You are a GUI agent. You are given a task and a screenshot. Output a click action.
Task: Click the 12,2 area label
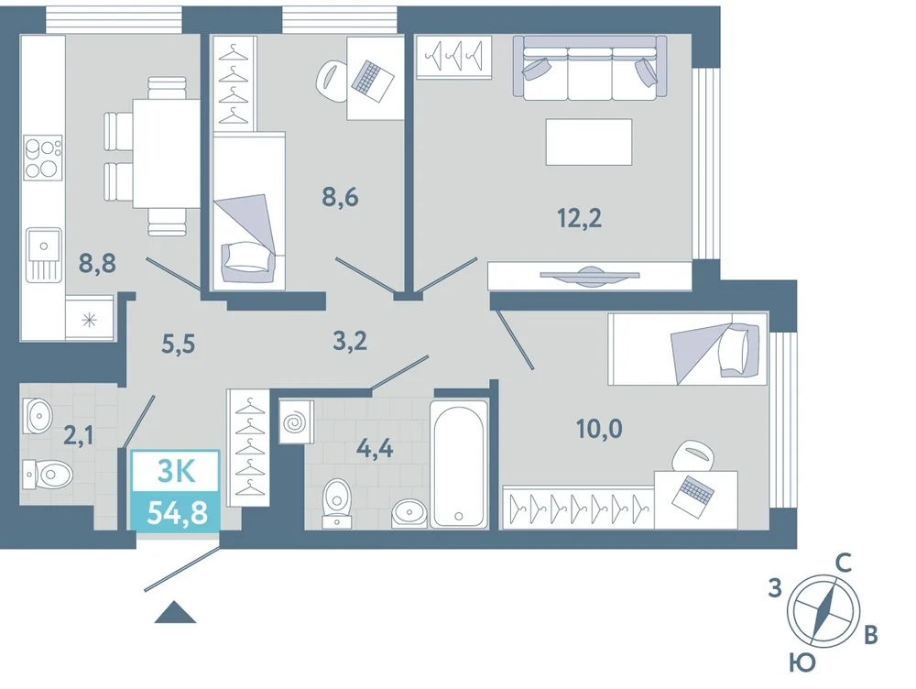580,218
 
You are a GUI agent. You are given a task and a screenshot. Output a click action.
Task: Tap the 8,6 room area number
340,198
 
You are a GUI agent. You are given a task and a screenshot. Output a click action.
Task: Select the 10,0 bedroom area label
599,429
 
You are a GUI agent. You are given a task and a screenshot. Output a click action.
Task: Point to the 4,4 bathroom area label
375,449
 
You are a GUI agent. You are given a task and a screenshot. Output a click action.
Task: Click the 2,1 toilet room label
78,435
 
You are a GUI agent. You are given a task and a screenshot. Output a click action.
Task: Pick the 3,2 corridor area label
350,340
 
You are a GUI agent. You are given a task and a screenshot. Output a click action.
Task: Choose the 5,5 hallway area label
179,344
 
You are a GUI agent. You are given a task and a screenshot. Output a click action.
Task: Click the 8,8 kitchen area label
98,264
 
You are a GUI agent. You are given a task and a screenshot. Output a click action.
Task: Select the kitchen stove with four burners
43,158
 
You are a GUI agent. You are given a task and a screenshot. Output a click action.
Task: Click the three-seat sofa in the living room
590,68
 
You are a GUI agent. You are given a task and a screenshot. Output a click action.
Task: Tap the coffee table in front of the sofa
589,142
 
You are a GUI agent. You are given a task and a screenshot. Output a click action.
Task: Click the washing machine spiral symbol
296,421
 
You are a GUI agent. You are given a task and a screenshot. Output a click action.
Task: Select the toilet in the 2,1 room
48,474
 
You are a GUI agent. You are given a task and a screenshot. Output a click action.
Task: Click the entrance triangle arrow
175,613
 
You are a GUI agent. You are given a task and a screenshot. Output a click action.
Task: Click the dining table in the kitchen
167,154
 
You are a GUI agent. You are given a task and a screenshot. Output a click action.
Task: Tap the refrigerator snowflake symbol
89,320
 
